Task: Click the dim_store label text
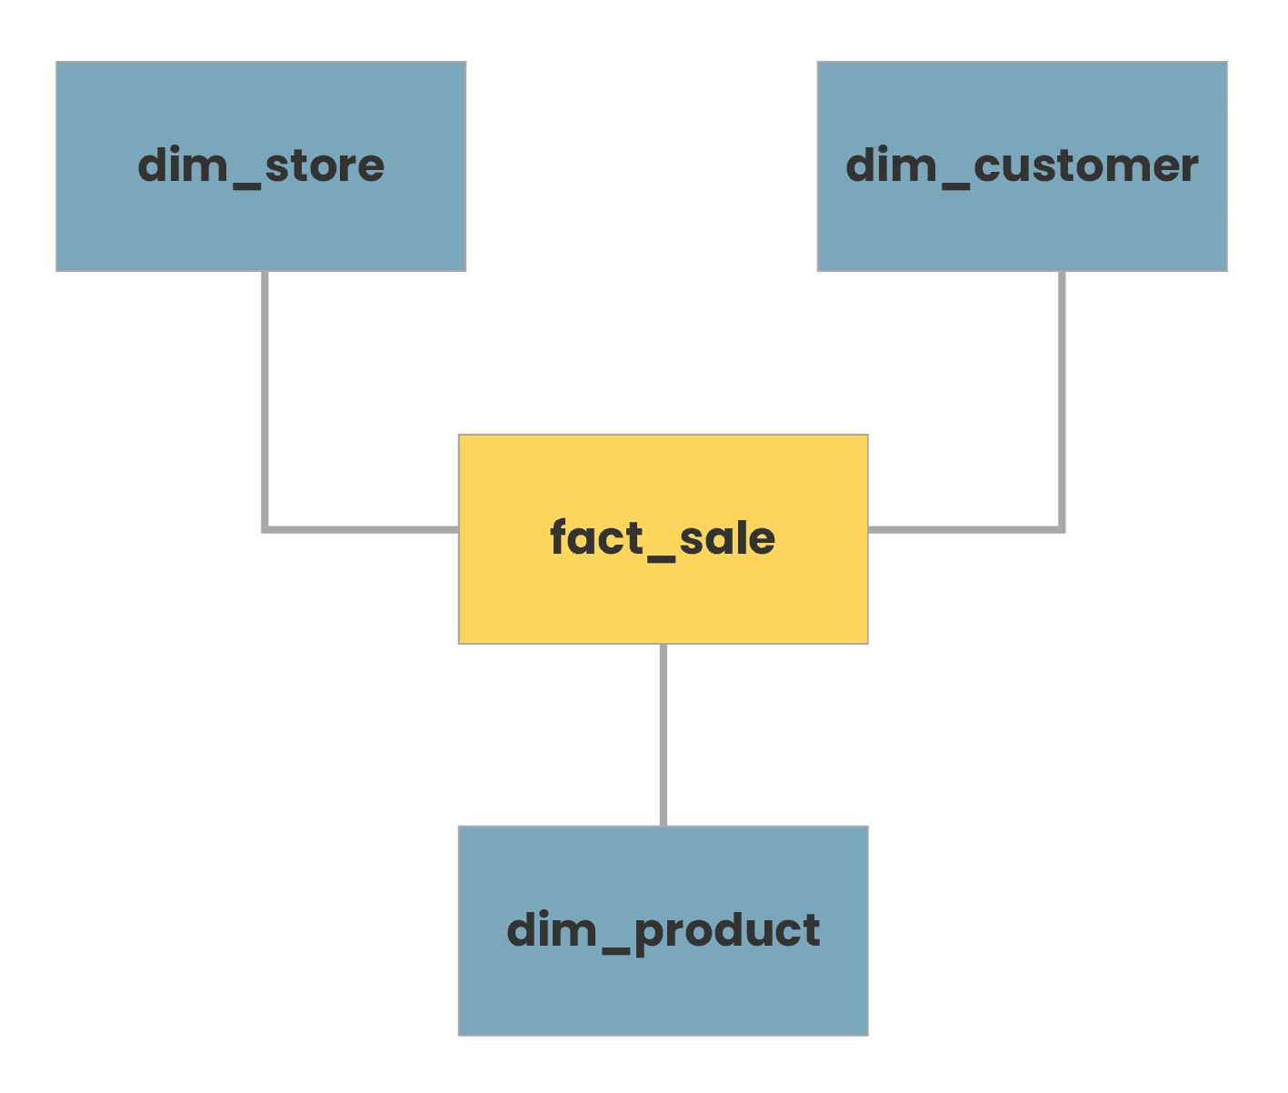pos(261,166)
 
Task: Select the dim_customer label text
pos(1022,166)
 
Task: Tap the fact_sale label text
pos(663,538)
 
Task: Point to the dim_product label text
pos(663,930)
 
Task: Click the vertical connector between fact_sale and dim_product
pos(663,735)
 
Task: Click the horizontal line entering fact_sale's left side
pos(364,529)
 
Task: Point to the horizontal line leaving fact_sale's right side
pos(964,529)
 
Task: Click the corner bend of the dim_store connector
pos(265,528)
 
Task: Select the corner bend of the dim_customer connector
pos(1061,528)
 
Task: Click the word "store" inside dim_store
pos(324,166)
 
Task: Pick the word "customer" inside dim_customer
pos(1085,166)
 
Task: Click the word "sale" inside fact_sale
pos(726,538)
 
